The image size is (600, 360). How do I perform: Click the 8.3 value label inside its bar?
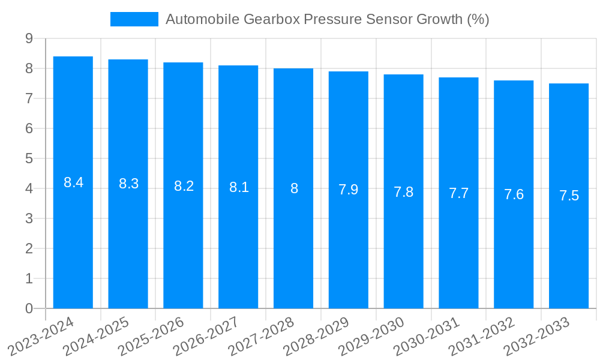[x=128, y=184]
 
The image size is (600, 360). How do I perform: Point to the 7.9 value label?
[x=349, y=190]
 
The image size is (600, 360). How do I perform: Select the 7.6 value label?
[x=514, y=194]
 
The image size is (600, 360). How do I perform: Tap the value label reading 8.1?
[x=239, y=187]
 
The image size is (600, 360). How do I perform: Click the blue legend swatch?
[x=134, y=19]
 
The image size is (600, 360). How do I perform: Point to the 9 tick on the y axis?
[x=29, y=38]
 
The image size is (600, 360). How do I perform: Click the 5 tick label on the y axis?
[x=29, y=158]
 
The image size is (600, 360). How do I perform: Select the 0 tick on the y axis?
[x=29, y=308]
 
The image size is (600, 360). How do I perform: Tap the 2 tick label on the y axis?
[x=29, y=248]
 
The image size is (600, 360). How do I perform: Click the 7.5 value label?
[x=569, y=196]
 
